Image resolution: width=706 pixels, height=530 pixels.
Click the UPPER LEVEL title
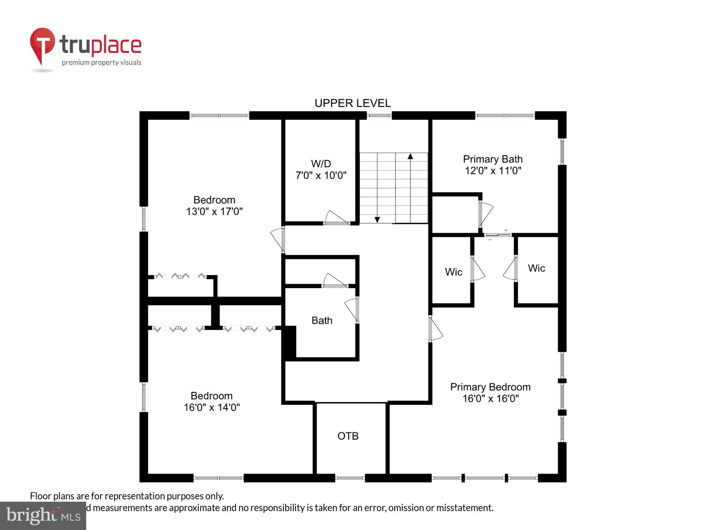point(352,103)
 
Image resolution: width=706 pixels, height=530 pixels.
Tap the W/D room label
point(321,164)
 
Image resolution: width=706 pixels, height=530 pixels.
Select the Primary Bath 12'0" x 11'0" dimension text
point(493,170)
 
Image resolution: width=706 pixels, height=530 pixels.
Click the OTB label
point(348,436)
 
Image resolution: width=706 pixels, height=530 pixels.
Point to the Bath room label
point(322,321)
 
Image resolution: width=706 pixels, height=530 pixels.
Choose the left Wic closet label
point(453,272)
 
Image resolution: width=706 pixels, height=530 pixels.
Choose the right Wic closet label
point(536,268)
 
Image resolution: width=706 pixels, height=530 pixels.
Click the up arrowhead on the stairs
point(410,156)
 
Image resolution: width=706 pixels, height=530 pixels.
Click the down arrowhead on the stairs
point(377,220)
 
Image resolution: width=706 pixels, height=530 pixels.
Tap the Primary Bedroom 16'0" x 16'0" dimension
point(490,399)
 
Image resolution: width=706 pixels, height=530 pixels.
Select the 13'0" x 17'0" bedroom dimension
point(214,211)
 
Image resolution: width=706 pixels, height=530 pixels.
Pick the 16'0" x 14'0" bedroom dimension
point(212,407)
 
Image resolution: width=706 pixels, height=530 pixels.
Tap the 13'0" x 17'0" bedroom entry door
point(278,239)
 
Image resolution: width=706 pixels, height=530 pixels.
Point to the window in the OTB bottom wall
point(350,478)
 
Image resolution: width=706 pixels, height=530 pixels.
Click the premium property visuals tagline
point(101,62)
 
